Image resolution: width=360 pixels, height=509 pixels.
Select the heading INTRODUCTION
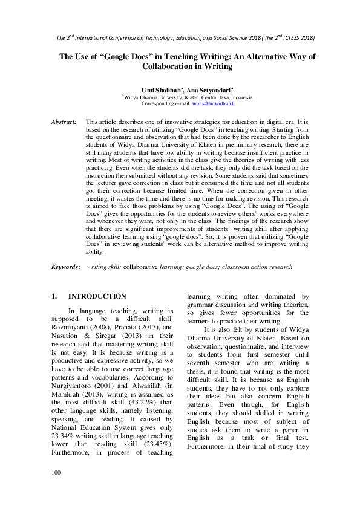click(97, 297)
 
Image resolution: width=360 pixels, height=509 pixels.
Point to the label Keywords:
click(66, 267)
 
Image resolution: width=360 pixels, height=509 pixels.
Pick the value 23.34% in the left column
click(65, 454)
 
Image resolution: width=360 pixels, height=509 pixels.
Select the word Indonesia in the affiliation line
click(239, 97)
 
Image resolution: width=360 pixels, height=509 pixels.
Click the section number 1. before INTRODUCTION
click(54, 297)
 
